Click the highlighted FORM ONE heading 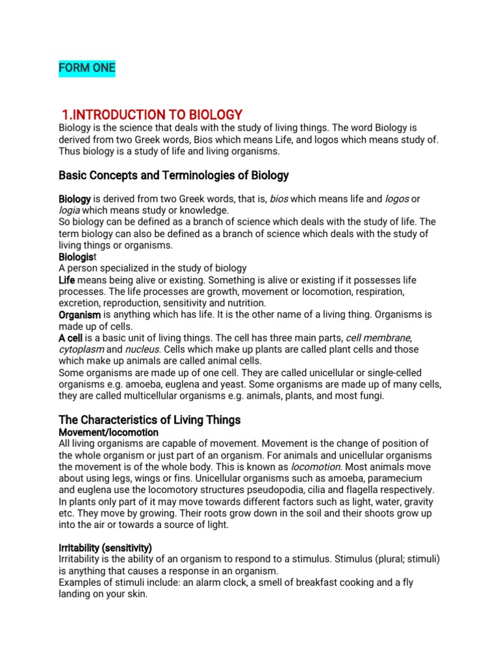[87, 68]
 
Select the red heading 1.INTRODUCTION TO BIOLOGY [152, 115]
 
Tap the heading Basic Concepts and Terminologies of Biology [173, 175]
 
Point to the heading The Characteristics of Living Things [149, 420]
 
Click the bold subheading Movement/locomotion [109, 432]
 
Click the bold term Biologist [79, 257]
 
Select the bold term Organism [79, 314]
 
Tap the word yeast [231, 384]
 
